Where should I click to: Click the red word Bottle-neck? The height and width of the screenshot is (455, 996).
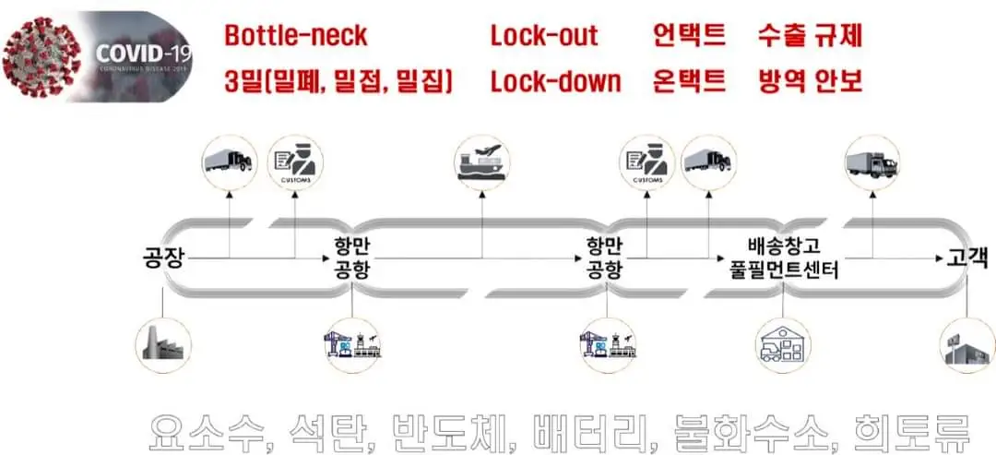pos(296,36)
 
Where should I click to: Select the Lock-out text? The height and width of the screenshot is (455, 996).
pos(544,36)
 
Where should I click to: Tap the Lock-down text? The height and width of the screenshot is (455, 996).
pos(555,81)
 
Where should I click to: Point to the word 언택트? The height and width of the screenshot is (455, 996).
pos(689,36)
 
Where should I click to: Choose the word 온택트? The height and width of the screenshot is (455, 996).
pos(689,81)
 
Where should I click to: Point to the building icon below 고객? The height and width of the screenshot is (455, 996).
pos(966,345)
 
